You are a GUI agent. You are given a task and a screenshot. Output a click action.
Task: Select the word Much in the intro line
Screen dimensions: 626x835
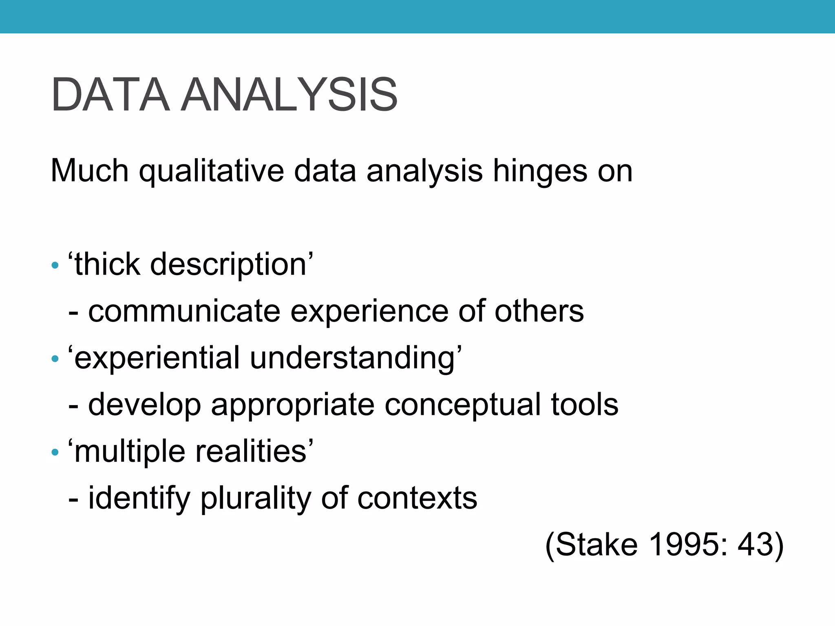[x=90, y=170]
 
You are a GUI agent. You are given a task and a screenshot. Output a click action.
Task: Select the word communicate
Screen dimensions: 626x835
[x=184, y=311]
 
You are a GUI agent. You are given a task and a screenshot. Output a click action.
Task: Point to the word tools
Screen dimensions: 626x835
[x=585, y=404]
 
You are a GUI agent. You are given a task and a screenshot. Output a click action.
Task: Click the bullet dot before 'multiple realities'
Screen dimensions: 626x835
[x=55, y=453]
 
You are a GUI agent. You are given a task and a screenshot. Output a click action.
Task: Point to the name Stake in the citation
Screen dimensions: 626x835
[x=596, y=544]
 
